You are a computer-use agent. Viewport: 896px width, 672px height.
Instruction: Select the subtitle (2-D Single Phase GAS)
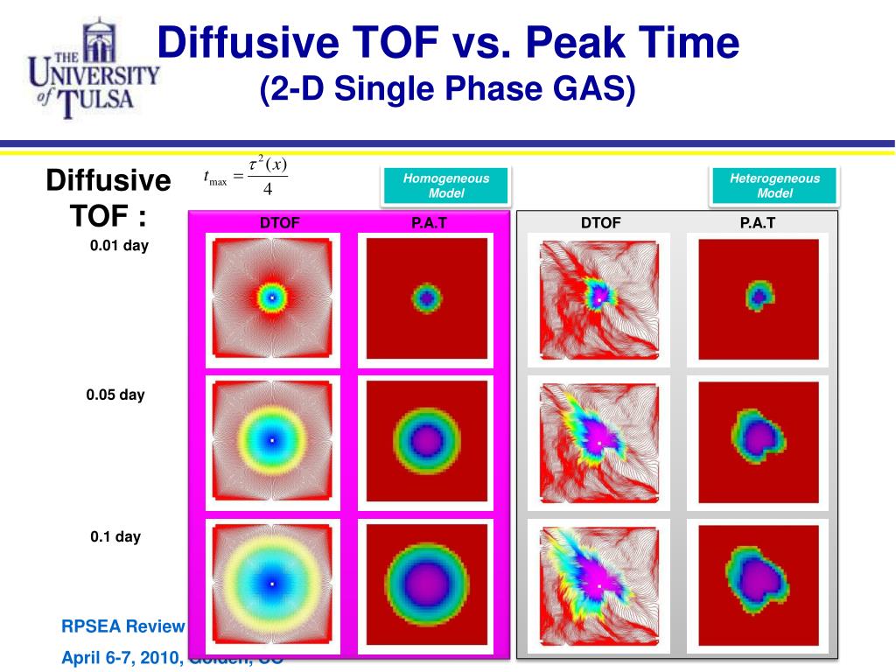[447, 89]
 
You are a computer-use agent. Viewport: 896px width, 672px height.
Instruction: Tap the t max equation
[246, 178]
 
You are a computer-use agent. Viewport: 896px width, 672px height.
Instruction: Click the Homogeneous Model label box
[445, 185]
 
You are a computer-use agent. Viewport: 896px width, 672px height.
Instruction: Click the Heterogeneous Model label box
[774, 185]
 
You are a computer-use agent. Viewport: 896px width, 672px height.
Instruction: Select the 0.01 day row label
[119, 246]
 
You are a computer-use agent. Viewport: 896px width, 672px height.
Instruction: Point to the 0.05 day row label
[115, 395]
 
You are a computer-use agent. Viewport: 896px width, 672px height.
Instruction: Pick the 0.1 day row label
[115, 536]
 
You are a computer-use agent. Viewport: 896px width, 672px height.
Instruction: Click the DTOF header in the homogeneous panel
[279, 223]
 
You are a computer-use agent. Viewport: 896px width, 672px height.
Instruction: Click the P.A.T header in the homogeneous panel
[429, 223]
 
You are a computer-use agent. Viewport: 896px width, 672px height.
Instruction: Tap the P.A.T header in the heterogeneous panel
[758, 223]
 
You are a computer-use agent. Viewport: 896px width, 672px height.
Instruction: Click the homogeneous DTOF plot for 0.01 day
[272, 298]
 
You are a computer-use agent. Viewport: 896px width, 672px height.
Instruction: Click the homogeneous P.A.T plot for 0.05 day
[425, 442]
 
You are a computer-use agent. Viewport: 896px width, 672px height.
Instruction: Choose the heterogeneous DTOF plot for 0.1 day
[598, 584]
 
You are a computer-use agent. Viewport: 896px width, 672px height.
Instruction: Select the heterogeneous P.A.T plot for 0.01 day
[758, 298]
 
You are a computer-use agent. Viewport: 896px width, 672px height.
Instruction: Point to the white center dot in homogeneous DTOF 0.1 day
[272, 584]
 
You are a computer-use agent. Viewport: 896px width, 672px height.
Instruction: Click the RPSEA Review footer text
[123, 626]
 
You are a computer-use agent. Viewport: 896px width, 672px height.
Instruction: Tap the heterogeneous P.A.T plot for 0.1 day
[758, 584]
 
